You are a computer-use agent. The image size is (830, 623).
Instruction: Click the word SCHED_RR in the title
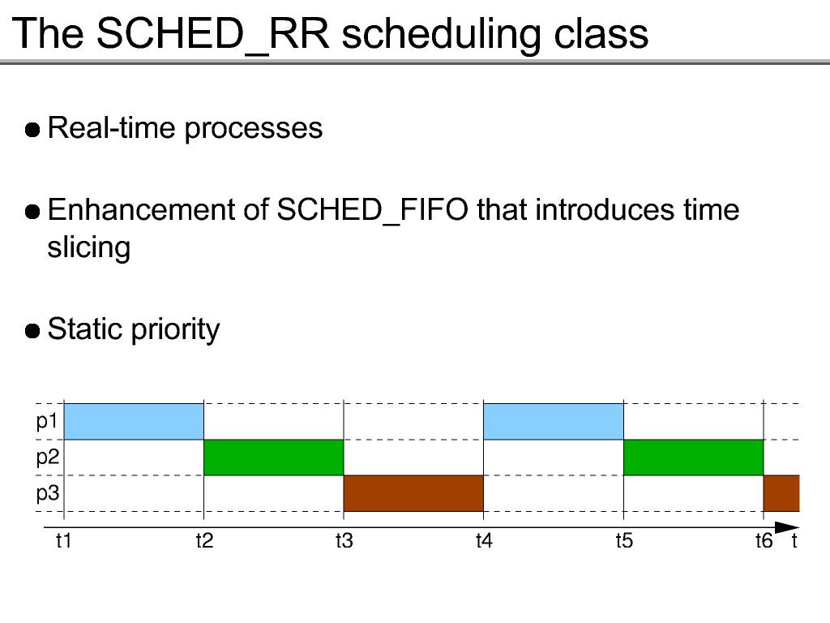point(213,34)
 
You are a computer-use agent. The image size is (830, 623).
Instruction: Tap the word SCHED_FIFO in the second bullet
point(372,210)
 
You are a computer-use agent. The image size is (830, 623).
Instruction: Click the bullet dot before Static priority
point(32,331)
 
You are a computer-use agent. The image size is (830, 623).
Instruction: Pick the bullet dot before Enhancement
point(32,212)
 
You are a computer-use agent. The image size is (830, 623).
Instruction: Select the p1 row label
point(46,422)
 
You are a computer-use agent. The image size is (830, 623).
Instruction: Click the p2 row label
point(47,458)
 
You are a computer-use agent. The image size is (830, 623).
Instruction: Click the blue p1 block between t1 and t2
point(134,422)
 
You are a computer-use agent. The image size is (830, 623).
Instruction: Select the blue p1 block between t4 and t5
point(554,422)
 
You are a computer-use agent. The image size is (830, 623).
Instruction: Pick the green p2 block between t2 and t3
point(274,458)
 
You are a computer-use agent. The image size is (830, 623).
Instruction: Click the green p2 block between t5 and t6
point(694,458)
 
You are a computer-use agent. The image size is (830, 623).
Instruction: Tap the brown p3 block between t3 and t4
point(414,493)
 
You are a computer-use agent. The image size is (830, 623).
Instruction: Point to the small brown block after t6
point(781,493)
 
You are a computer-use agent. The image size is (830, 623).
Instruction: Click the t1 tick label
point(63,541)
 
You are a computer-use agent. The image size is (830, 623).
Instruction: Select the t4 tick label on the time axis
point(484,541)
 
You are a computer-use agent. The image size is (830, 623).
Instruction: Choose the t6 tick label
point(764,541)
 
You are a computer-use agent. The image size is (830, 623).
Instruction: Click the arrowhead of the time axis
point(787,527)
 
